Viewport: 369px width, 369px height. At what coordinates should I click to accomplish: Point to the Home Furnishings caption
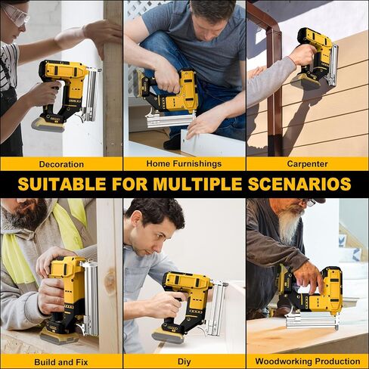pos(184,163)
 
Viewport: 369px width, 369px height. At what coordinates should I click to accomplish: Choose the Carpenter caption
pos(307,163)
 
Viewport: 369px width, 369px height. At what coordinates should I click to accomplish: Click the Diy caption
pos(184,361)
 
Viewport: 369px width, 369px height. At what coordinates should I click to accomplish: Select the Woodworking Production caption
pos(307,361)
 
